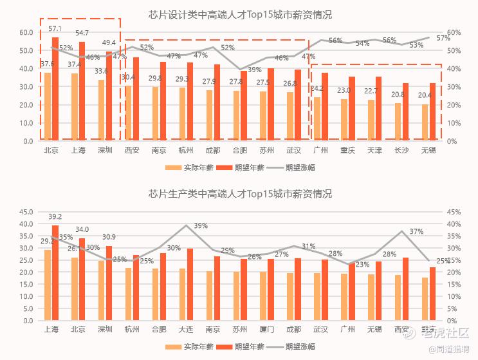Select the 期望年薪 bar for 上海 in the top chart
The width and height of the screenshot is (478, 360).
point(82,90)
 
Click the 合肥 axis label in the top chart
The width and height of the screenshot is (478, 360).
point(239,151)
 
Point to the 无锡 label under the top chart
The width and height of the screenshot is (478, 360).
point(428,151)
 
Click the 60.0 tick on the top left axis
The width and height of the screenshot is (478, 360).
point(27,32)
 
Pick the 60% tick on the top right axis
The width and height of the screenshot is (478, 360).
point(454,32)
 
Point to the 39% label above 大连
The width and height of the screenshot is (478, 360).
point(201,226)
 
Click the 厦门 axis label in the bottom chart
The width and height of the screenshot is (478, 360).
point(266,330)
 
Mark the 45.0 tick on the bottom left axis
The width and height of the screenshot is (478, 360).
point(27,212)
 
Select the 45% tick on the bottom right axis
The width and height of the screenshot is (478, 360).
point(454,212)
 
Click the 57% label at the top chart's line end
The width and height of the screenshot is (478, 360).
point(443,38)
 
